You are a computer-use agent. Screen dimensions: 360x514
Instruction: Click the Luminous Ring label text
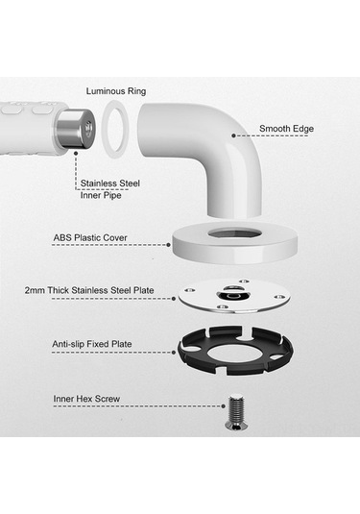click(116, 91)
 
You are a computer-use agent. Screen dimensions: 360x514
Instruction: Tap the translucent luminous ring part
click(106, 131)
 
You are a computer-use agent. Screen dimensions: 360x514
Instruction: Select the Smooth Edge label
click(286, 129)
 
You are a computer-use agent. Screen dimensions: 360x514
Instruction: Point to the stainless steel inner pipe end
click(76, 129)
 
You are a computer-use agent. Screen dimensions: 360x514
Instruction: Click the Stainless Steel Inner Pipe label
click(110, 189)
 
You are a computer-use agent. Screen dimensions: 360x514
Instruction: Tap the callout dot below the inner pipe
click(76, 153)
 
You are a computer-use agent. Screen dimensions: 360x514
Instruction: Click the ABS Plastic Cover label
click(90, 237)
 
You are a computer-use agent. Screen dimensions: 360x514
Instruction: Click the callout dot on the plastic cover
click(168, 245)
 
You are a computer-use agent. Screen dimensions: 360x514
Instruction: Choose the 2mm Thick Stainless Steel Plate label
click(89, 290)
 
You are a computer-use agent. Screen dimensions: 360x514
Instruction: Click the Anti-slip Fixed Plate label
click(92, 344)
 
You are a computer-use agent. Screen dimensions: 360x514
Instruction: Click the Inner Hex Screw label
click(86, 399)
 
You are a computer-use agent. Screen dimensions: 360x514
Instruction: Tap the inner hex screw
click(236, 412)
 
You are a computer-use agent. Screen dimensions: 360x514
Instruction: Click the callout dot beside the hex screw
click(223, 406)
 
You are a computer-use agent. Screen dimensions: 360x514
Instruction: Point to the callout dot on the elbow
click(233, 135)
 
